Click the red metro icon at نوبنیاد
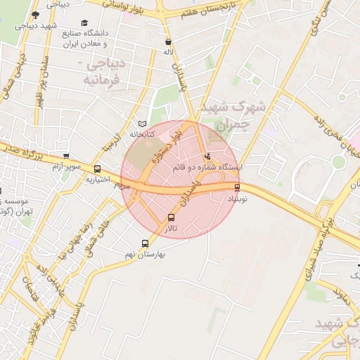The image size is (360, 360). coord(237,187)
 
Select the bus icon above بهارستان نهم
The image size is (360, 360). coord(146,243)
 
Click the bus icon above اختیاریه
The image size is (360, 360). coord(97,169)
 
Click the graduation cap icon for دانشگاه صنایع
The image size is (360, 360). coord(85,23)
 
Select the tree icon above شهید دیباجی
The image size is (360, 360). coord(36,14)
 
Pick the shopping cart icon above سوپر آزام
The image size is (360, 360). coord(66,156)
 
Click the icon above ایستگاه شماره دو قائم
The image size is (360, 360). coord(207,156)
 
